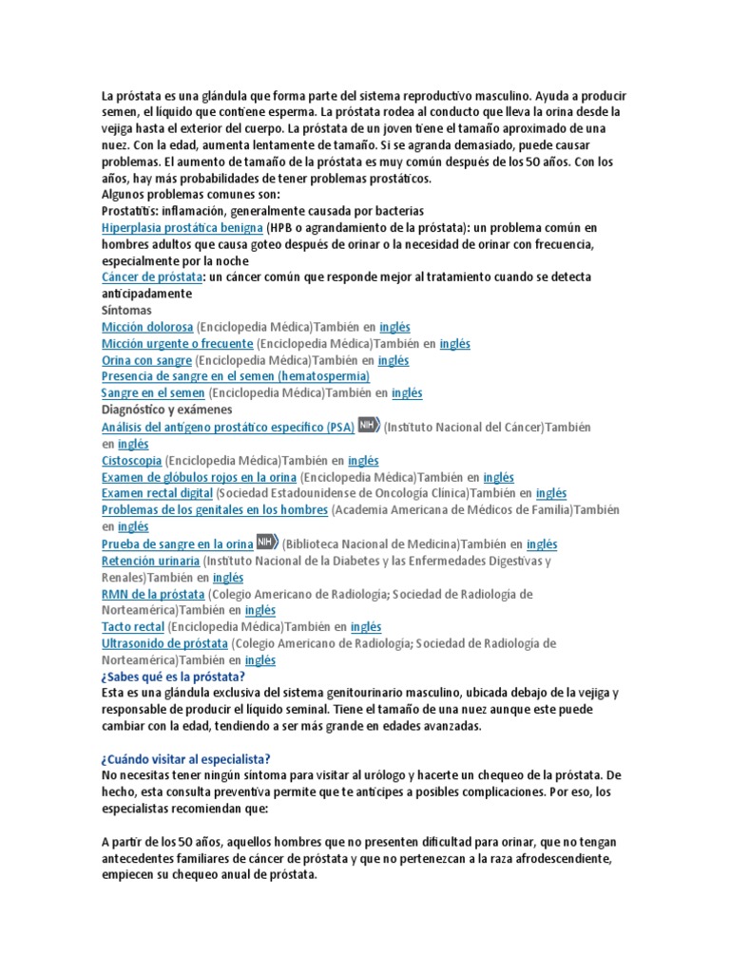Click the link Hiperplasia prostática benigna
click(182, 228)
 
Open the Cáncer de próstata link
click(152, 277)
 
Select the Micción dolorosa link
click(146, 326)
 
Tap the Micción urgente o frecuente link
click(177, 343)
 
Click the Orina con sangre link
click(146, 360)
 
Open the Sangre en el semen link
click(153, 392)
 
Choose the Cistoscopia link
click(130, 461)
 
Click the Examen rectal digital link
click(157, 493)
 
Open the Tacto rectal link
click(132, 626)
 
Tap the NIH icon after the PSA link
click(369, 426)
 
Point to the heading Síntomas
click(126, 310)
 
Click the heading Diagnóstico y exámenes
click(166, 410)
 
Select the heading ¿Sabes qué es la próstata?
click(173, 677)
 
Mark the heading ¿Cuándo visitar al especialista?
click(185, 758)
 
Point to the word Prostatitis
click(128, 211)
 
